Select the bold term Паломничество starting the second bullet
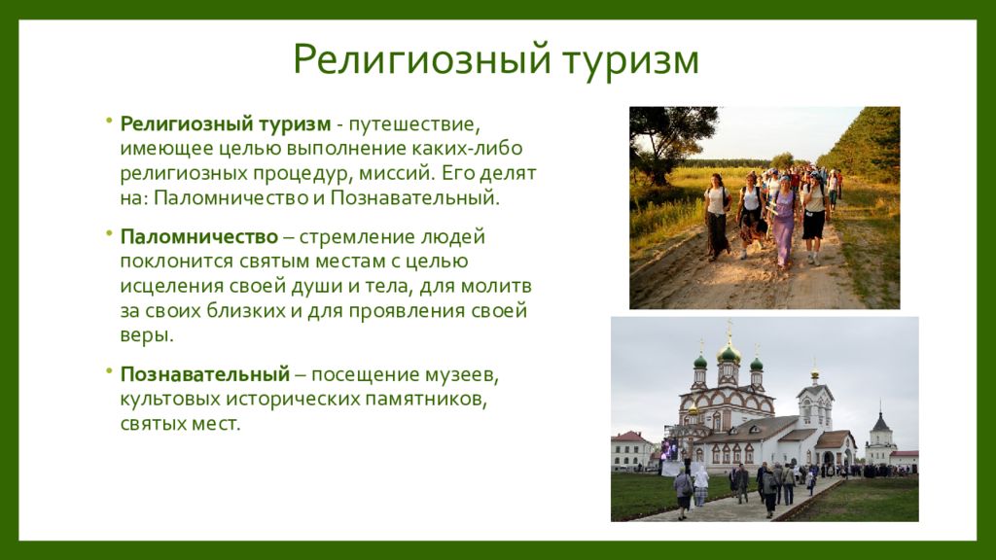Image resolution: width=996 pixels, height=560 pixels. coord(199,237)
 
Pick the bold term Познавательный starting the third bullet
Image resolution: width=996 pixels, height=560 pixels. coord(205,374)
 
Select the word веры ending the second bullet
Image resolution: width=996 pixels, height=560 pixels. coord(147,335)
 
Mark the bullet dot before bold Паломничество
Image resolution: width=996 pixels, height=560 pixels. coord(109,233)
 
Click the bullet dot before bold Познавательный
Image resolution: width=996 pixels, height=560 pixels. coord(109,371)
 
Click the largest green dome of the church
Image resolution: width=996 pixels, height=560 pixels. coord(729,352)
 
